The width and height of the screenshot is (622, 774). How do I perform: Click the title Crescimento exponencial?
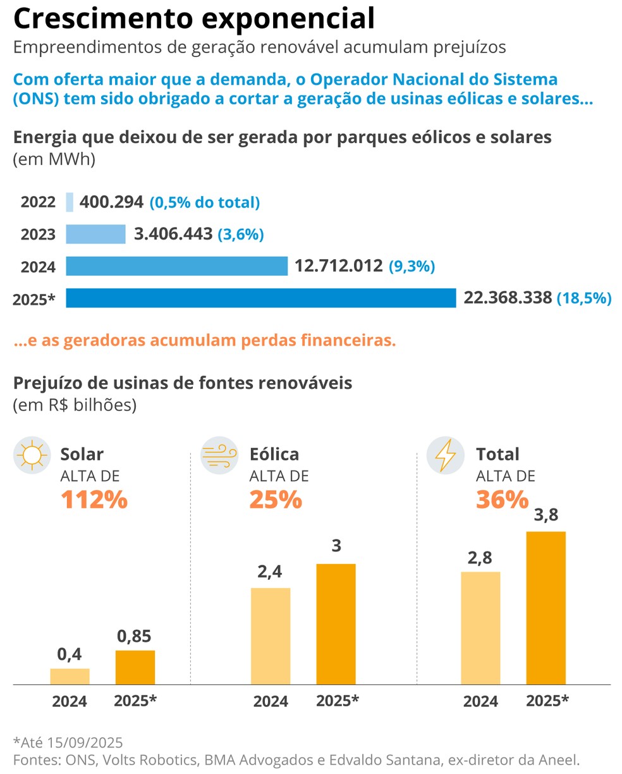[x=194, y=19]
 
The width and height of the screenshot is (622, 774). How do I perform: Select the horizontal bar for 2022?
[x=70, y=202]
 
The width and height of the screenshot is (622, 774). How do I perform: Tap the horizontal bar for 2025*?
[x=260, y=298]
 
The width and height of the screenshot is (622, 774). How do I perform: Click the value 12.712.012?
[x=338, y=266]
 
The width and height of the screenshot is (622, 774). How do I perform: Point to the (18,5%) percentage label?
[x=583, y=298]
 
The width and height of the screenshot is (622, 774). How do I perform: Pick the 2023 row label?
[x=38, y=235]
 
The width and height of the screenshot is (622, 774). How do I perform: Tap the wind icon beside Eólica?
[x=219, y=455]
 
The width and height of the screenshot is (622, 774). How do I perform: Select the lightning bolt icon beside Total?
[x=446, y=455]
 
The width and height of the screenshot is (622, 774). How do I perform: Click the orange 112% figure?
[x=94, y=500]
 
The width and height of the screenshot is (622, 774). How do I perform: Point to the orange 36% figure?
[x=502, y=500]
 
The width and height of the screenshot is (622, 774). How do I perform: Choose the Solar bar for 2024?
[x=70, y=676]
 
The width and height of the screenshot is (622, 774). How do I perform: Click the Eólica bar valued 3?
[x=336, y=623]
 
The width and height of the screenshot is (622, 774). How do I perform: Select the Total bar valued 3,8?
[x=546, y=608]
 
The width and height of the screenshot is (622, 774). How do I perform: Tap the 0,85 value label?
[x=134, y=636]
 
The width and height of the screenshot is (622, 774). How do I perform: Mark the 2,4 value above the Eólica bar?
[x=270, y=572]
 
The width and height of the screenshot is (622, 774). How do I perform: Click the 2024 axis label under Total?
[x=480, y=701]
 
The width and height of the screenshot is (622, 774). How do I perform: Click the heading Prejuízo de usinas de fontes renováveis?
[x=183, y=383]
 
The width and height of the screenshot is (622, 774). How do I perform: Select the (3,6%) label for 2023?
[x=240, y=235]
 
